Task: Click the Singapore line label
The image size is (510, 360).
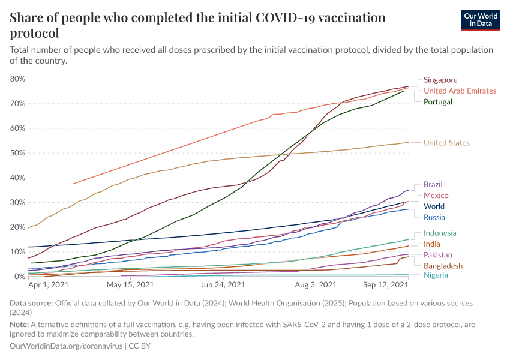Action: pos(440,80)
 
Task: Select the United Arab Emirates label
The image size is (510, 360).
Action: pos(460,91)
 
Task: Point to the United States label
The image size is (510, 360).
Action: pos(446,143)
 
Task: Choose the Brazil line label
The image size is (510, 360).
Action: pos(433,184)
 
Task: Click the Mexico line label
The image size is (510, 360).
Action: pos(436,196)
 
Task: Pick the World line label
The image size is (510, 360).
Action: pos(434,206)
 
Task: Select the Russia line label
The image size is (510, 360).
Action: pos(434,217)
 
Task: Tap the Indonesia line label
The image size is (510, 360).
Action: pos(440,233)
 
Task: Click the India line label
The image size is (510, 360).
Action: pos(431,244)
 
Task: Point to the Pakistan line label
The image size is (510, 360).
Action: pos(438,255)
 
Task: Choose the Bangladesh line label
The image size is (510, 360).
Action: pos(443,266)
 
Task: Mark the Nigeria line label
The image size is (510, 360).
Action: pos(436,275)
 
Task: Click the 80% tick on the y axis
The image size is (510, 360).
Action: pos(17,79)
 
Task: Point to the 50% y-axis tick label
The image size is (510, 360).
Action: pos(17,153)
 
